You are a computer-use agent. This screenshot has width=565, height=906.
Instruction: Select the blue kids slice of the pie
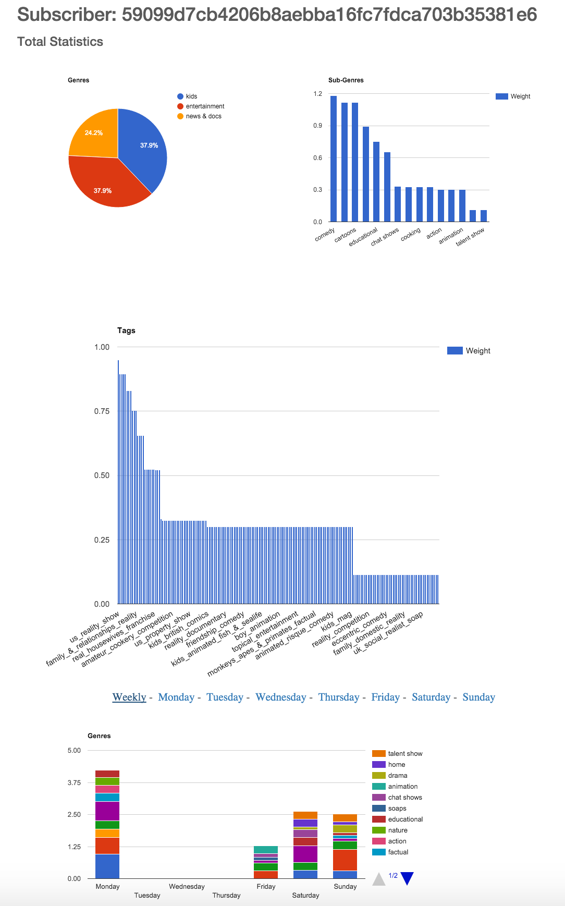point(146,149)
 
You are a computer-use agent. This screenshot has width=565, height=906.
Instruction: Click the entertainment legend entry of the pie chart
point(205,106)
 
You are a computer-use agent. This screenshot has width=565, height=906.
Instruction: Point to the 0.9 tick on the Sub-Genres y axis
point(318,126)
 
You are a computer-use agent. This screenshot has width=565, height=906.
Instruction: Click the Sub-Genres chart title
point(346,80)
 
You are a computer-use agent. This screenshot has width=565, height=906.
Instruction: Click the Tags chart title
point(126,330)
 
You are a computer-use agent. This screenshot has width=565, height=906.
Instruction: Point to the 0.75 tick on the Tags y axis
point(102,411)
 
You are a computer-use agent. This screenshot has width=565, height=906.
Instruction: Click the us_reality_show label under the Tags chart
point(95,627)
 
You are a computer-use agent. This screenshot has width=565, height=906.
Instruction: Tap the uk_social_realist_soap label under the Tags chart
point(388,634)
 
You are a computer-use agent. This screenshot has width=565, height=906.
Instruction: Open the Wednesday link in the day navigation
point(280,697)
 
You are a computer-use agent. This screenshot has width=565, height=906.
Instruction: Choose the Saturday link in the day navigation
point(431,697)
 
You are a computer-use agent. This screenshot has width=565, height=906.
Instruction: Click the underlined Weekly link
point(129,697)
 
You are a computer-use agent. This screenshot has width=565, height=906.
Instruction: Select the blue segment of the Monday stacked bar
point(107,866)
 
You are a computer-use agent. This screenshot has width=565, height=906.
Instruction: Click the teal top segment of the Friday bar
point(266,850)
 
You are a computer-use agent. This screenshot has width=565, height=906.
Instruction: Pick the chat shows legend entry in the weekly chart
point(404,798)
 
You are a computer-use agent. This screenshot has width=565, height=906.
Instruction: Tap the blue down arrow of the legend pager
point(407,878)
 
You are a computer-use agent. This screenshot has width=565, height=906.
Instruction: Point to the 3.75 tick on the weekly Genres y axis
point(74,782)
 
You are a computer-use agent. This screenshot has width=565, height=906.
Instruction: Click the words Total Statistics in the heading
point(60,42)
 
